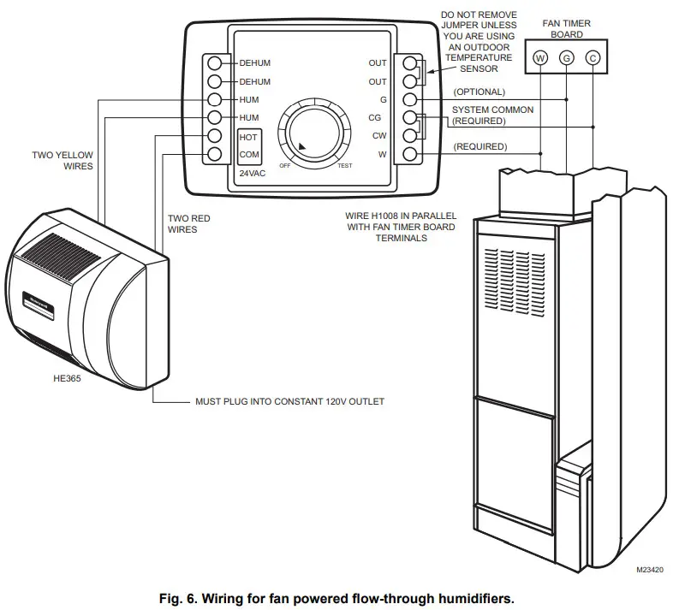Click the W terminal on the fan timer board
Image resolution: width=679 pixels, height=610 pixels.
pos(539,58)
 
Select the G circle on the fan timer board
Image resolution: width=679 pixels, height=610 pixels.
pos(566,58)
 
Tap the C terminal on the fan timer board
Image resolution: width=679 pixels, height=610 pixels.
pos(593,58)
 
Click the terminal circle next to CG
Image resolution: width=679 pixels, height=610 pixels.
pos(410,118)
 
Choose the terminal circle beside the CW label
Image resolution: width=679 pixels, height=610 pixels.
pos(410,136)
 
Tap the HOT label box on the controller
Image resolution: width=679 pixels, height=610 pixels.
pos(248,137)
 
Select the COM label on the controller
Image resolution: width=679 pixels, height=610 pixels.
pos(248,155)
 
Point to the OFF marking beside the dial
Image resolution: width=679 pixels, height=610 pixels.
pos(284,165)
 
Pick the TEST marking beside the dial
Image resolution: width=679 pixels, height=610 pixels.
pos(345,165)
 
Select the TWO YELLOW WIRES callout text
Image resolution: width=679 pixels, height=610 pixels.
pos(63,160)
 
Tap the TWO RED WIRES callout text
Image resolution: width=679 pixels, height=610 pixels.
pos(188,223)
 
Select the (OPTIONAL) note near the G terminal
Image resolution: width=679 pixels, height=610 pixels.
pos(479,92)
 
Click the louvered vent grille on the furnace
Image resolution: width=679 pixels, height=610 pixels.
pos(515,274)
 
